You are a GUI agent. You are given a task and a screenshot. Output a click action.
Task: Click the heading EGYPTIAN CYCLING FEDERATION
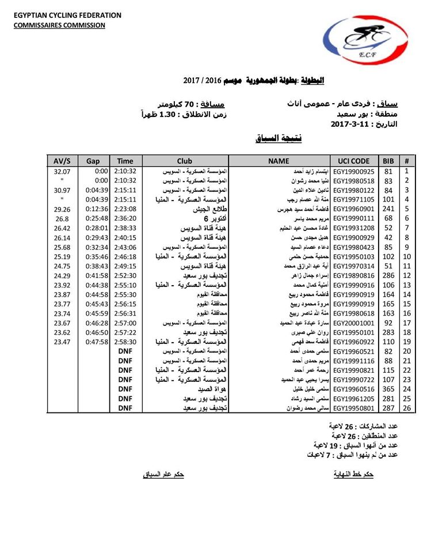point(68,16)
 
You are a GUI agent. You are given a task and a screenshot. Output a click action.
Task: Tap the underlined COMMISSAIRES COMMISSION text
point(60,25)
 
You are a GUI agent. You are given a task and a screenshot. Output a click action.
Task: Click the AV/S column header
point(62,161)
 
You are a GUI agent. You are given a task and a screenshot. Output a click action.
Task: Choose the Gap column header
point(93,161)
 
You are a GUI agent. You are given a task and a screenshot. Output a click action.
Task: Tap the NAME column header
point(279,161)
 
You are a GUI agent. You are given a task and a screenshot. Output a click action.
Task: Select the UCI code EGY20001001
point(353,323)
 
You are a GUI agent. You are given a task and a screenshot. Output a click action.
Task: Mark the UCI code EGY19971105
point(353,200)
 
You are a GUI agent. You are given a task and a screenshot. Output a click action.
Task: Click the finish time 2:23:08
point(125,209)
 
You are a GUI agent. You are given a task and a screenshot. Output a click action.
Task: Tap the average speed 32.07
point(62,171)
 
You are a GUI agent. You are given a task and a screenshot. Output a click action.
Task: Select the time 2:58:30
point(125,342)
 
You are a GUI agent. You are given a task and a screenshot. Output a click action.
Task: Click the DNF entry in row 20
point(125,351)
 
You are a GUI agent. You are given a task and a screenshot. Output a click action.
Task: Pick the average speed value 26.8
point(62,218)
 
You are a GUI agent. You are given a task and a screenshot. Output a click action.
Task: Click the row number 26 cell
point(407,408)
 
